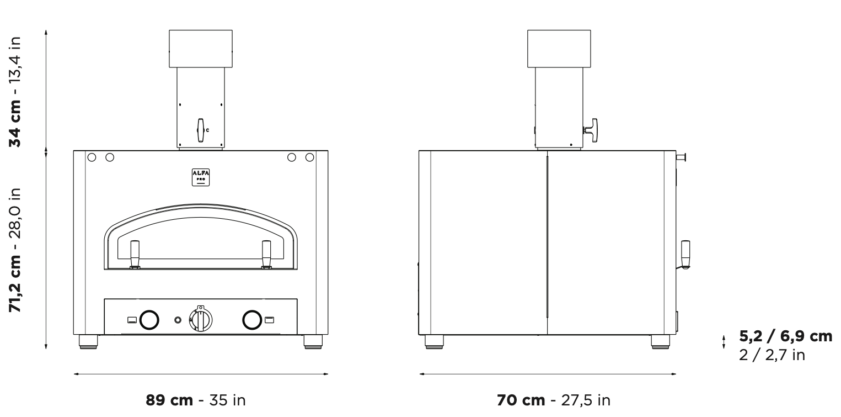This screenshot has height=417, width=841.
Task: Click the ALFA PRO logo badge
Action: coord(201,177)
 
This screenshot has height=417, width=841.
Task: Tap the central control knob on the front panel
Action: coord(201,319)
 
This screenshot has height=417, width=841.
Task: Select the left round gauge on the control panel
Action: coord(149,320)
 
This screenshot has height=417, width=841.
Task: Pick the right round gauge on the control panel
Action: coord(252,320)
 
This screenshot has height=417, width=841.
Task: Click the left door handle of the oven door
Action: coord(135,255)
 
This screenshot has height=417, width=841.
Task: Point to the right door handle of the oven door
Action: coord(266,255)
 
